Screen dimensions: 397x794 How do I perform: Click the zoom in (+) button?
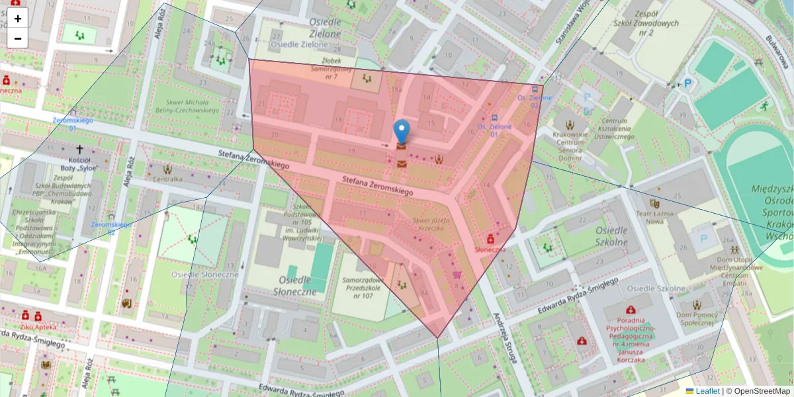18,19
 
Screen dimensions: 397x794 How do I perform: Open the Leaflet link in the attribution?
707,391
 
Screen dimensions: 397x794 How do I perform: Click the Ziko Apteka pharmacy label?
38,327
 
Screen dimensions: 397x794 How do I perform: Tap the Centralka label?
167,179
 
